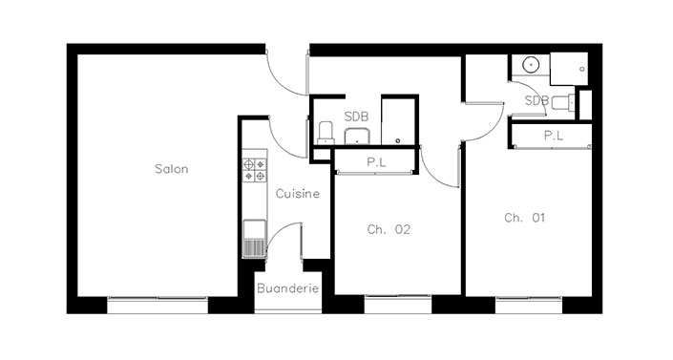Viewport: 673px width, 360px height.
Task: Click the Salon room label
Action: coord(171,169)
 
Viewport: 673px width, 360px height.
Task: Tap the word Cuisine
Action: coord(298,194)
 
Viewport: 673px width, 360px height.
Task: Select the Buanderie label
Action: coord(288,288)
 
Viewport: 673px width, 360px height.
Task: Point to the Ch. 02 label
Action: coord(389,229)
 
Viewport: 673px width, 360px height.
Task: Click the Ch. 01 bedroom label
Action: coord(524,218)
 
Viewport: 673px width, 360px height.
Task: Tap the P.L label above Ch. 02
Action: coord(376,162)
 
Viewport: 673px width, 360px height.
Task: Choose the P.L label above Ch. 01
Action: coord(554,136)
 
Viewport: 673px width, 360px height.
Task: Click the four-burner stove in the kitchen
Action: coord(255,170)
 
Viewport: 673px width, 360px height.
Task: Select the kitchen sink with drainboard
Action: coord(255,239)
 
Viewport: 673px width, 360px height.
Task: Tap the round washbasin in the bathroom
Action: coord(531,65)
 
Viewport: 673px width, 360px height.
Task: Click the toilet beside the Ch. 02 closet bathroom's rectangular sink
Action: coord(326,133)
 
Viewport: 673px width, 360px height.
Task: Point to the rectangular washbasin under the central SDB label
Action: coord(357,137)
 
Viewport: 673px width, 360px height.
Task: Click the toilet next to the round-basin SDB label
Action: coord(563,103)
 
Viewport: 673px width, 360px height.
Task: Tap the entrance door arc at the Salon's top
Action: coord(278,82)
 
